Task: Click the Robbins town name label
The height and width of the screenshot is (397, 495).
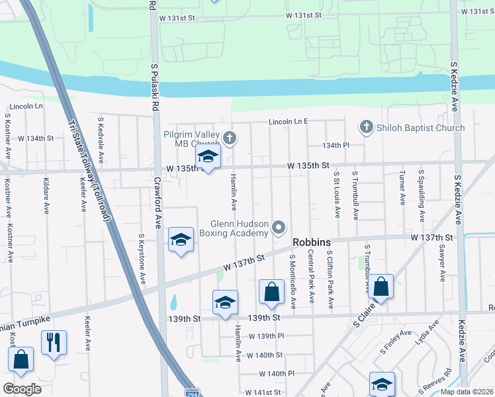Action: pos(311,243)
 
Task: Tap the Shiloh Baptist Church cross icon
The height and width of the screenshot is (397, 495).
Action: pos(365,127)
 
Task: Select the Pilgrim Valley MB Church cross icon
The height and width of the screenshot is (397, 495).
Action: pos(229,138)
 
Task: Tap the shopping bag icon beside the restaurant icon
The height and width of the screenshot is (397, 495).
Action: pos(21,359)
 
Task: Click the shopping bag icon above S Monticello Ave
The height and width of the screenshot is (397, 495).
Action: pos(271,291)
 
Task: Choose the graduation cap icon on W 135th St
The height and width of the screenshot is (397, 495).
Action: pos(208,157)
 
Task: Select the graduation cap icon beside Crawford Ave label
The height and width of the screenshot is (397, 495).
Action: pos(180,239)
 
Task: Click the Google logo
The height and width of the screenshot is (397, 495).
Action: pos(22,389)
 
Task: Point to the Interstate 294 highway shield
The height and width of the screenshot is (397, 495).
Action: pos(192,392)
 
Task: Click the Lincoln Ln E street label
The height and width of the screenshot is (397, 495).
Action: pos(289,122)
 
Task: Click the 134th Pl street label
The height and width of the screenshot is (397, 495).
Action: pos(336,146)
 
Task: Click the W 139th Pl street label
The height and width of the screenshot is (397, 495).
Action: pos(266,336)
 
